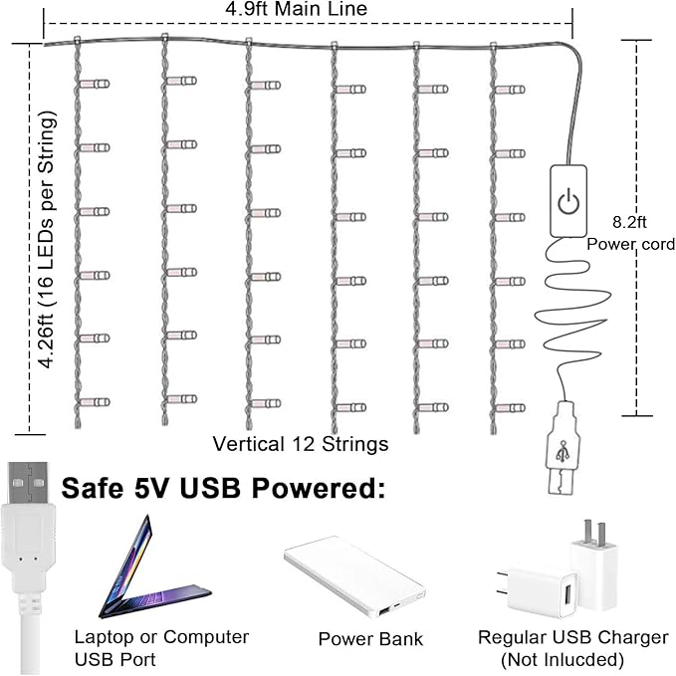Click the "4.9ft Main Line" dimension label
point(296,9)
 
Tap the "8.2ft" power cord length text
point(629,222)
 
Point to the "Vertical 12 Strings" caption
point(301,444)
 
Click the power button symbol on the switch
point(568,201)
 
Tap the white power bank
point(354,576)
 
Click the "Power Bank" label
point(370,639)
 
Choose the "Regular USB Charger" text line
point(573,637)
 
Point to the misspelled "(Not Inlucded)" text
point(563,660)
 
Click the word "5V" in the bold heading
point(150,489)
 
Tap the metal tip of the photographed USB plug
point(29,483)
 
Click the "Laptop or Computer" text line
point(161,637)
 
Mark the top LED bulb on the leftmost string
point(95,84)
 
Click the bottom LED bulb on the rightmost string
point(510,408)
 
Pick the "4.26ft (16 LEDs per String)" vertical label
point(46,240)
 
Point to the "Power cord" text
point(631,244)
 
